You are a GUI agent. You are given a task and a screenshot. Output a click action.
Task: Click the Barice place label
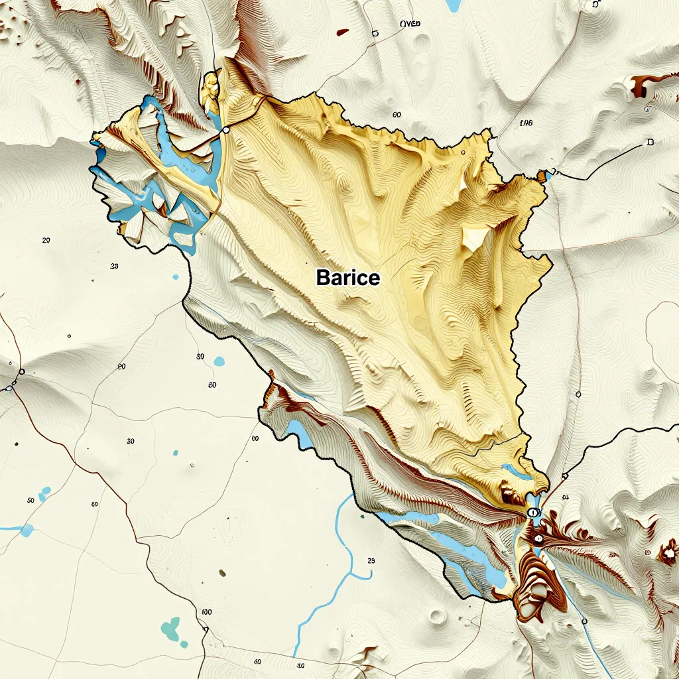point(348,277)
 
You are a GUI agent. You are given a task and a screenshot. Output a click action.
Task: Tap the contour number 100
point(206,611)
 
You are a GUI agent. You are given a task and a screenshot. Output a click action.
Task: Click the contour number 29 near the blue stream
point(371,561)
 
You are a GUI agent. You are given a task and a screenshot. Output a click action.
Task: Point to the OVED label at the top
point(410,24)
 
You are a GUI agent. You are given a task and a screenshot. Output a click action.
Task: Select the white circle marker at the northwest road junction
point(225,130)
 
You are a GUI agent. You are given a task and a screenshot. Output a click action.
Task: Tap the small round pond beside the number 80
point(219,361)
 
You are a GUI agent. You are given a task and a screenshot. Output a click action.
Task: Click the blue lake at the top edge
point(454,5)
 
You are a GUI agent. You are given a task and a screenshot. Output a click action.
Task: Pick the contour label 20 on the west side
point(46,240)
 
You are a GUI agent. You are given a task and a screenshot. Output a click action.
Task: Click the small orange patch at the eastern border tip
point(542,176)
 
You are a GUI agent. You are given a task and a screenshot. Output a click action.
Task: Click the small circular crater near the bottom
point(437,617)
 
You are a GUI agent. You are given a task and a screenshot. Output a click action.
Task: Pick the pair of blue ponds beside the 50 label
point(44,494)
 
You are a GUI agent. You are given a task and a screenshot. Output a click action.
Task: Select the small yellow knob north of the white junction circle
point(212,86)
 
